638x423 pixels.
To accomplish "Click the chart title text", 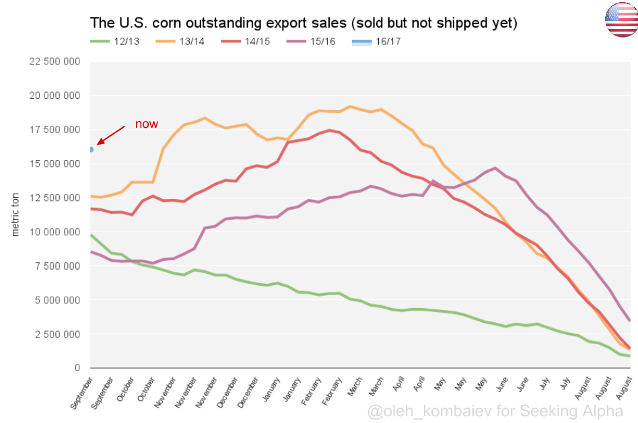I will point(304,23).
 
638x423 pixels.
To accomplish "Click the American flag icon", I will point(621,20).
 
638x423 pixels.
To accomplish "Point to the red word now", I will point(146,124).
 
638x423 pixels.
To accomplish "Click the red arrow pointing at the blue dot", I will point(111,134).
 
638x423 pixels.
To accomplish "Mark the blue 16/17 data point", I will point(91,149).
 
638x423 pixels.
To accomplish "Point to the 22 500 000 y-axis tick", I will point(54,61).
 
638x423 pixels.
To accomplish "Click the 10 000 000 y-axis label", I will point(54,232).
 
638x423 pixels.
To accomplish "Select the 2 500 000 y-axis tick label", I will point(57,334).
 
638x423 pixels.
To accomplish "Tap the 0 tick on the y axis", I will point(78,368).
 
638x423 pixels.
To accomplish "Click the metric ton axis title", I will point(15,215).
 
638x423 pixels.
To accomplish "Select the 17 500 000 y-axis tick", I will point(54,130).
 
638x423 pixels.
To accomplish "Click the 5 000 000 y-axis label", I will point(57,300).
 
